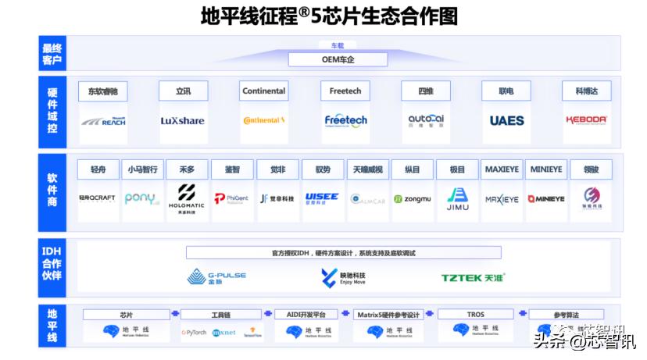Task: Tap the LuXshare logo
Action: click(x=183, y=120)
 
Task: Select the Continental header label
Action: click(x=264, y=91)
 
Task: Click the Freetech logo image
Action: click(x=345, y=120)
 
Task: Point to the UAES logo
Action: click(x=507, y=120)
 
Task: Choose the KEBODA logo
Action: click(x=587, y=120)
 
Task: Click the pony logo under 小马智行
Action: click(x=142, y=198)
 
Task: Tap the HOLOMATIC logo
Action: click(x=187, y=198)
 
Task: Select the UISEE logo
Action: click(x=322, y=198)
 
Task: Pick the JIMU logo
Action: click(x=457, y=198)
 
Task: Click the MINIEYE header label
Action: click(x=546, y=169)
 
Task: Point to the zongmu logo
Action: click(x=413, y=199)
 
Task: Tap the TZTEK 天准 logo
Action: click(x=474, y=277)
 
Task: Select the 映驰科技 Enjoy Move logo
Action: click(x=344, y=277)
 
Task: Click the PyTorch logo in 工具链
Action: click(x=194, y=332)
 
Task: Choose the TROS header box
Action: click(x=476, y=315)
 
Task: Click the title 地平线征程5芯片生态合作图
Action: click(x=328, y=16)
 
